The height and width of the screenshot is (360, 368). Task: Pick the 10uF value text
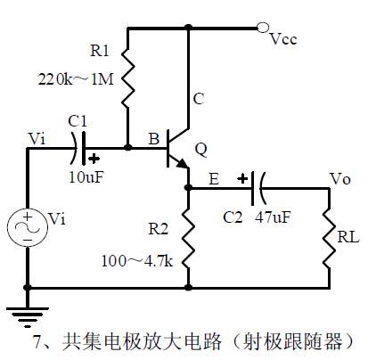tap(86, 176)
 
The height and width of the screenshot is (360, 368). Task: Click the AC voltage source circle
tap(28, 228)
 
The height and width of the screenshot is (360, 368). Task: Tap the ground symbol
tap(28, 312)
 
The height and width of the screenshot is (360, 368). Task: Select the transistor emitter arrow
tap(182, 164)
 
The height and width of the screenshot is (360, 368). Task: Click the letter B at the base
tap(153, 138)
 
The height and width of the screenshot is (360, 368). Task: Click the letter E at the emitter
tap(215, 179)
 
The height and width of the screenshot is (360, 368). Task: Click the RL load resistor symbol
tap(329, 240)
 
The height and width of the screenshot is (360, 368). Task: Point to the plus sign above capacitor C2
tap(241, 177)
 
